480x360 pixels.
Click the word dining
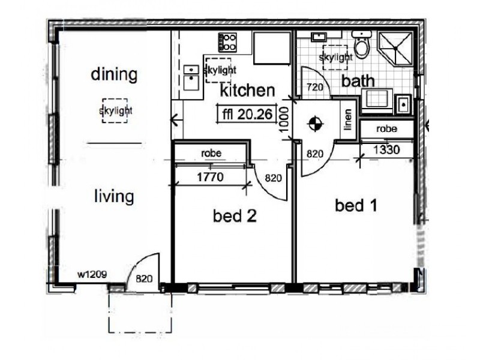point(114,75)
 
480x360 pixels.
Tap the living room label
point(113,196)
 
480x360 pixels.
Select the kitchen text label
point(248,91)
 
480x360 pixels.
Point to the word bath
point(359,80)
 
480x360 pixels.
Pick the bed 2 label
point(235,216)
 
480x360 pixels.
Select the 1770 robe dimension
point(211,178)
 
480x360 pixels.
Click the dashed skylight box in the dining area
point(115,110)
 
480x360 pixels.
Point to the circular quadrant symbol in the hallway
point(313,125)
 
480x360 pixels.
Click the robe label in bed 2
point(211,154)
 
